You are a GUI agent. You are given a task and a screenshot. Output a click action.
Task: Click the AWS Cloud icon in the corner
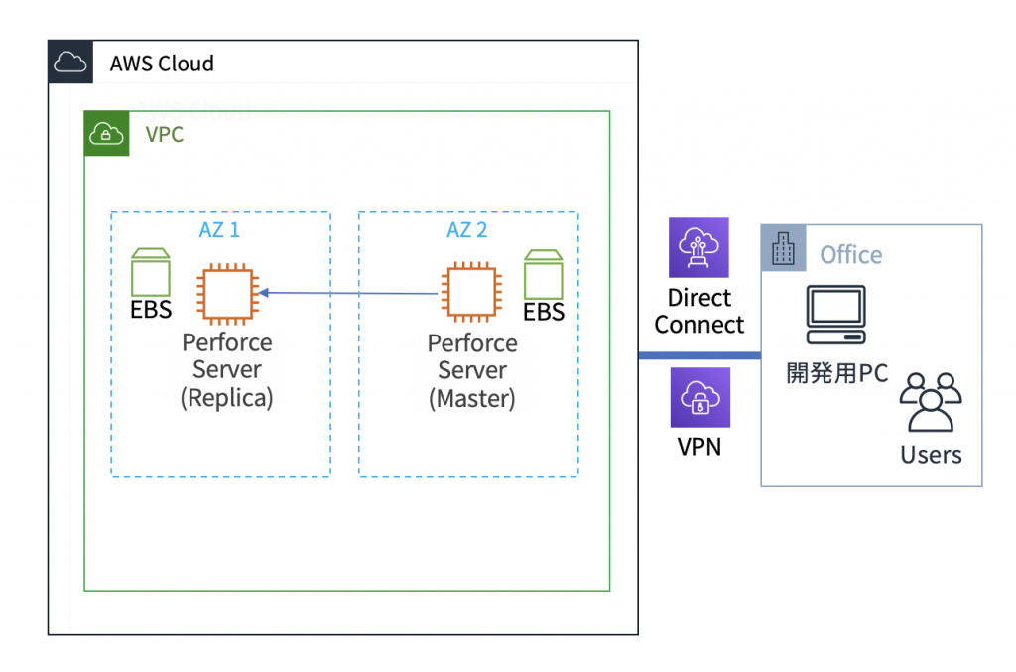point(69,63)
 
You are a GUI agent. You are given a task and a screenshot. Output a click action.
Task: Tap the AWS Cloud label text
point(162,64)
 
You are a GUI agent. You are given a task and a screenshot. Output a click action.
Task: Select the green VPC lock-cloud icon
point(106,134)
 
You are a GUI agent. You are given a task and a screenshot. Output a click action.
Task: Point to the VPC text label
point(165,134)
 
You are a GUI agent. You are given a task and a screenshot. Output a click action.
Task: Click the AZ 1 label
point(219,230)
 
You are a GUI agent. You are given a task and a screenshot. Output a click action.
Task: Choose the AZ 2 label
point(467,230)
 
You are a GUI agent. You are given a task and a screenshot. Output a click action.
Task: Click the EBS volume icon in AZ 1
point(151,268)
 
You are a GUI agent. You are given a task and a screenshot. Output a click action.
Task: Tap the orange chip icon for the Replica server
point(228,293)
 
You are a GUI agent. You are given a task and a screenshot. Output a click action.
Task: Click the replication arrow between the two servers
point(347,293)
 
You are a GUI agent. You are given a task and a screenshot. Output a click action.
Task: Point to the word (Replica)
point(227,398)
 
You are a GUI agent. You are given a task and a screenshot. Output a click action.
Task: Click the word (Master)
point(472,399)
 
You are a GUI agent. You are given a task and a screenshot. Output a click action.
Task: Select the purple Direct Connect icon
point(699,247)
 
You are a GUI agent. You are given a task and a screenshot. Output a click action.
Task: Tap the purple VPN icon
point(699,398)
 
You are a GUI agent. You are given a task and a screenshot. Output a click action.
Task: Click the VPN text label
point(699,447)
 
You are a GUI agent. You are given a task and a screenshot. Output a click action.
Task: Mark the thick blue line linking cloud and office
point(699,356)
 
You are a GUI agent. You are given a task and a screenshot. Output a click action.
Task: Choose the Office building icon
point(784,248)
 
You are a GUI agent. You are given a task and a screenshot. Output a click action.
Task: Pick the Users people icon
point(931,403)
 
